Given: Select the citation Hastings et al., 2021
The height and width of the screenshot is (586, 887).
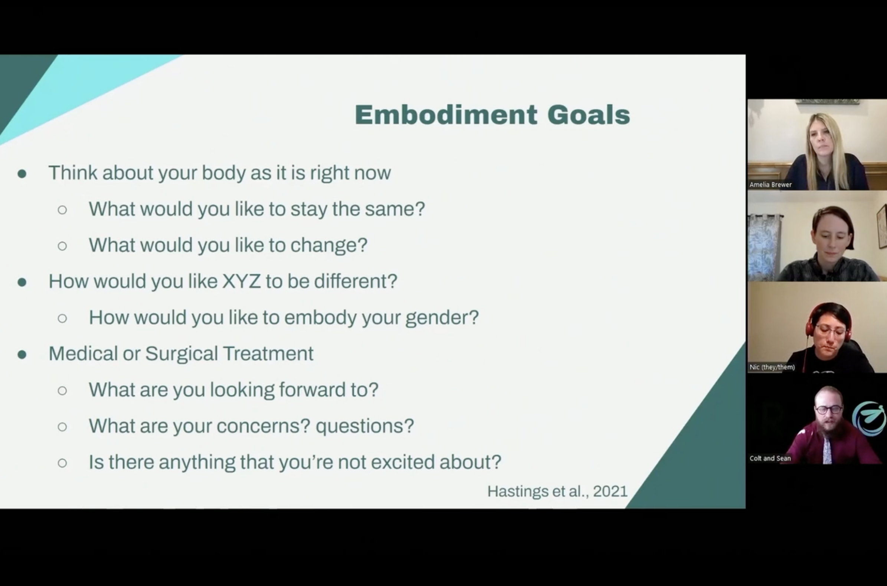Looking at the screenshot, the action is [x=557, y=491].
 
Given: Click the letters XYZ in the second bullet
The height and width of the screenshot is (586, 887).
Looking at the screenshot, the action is [x=241, y=281].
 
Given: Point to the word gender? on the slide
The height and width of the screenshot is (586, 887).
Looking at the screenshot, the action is [x=442, y=318].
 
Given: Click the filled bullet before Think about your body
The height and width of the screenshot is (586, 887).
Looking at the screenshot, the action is [x=22, y=174].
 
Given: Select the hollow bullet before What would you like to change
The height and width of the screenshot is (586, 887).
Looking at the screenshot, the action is [x=62, y=246].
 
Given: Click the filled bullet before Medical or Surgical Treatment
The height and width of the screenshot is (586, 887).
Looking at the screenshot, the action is [x=22, y=354].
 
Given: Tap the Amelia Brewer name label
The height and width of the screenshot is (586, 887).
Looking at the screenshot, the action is [x=770, y=185].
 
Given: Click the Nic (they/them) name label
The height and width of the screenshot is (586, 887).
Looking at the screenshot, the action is [x=772, y=367].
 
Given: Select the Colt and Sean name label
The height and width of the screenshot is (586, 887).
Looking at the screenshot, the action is [x=770, y=458].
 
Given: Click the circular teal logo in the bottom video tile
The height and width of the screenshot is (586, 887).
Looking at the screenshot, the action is [x=870, y=419].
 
